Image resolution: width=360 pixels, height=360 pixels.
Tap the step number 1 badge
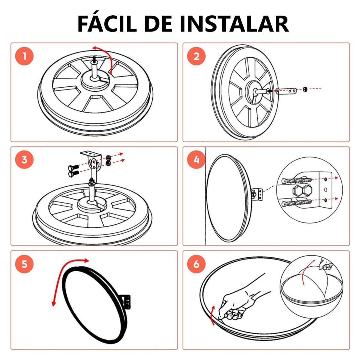point(25,56)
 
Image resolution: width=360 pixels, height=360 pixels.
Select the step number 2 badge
point(196,56)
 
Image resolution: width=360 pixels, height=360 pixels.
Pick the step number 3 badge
point(25,160)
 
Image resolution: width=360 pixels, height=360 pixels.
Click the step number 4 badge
point(196,160)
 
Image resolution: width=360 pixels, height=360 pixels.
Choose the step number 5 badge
point(25,264)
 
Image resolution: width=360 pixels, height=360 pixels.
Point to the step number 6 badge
point(196,264)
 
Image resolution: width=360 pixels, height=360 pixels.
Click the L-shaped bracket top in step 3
point(91,154)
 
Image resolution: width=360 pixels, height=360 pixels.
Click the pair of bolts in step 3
point(73,171)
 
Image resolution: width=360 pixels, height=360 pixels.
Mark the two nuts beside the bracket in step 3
point(108,160)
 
